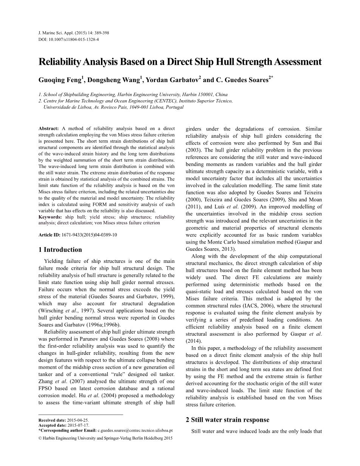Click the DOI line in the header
pos(68,39)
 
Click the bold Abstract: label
pos(49,129)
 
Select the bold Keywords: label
pos(50,217)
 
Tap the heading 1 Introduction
pos(60,250)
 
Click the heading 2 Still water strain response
pos(228,419)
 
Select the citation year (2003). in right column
pos(195,150)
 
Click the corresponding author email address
pos(135,430)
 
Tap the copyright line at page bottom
pos(106,438)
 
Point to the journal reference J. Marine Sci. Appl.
pos(58,33)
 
